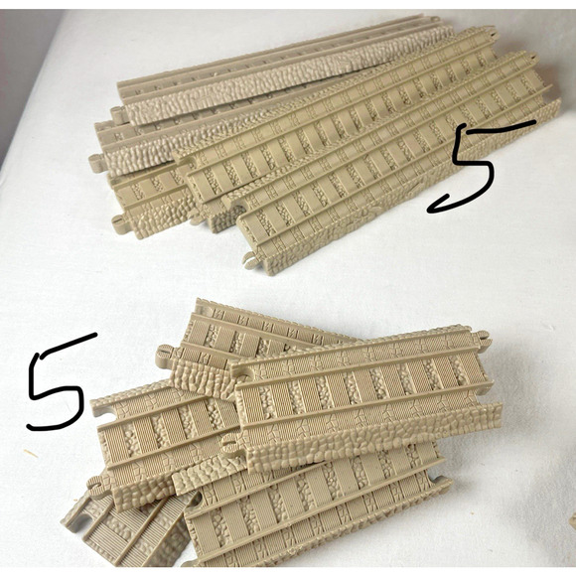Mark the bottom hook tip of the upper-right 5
(433, 209)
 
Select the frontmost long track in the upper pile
(397, 169)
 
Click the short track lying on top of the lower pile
(362, 387)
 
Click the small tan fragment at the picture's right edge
(571, 518)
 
